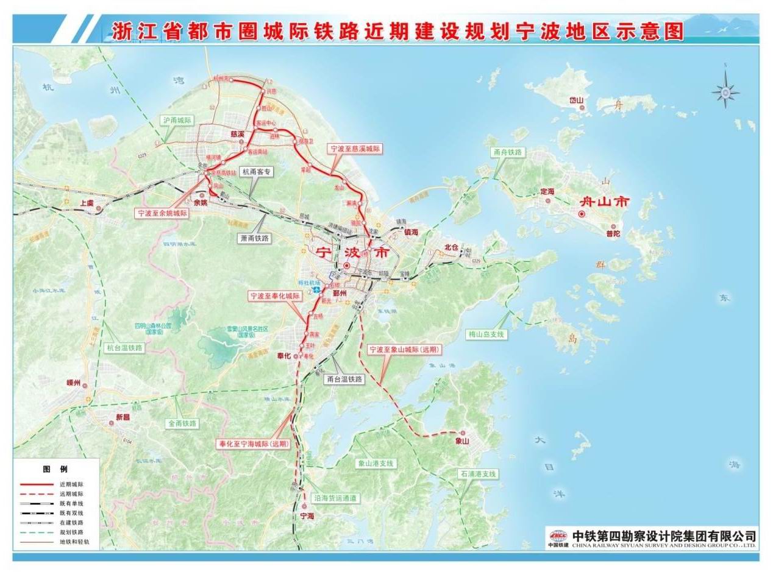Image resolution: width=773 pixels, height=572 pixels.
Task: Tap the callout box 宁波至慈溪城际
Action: coord(354,148)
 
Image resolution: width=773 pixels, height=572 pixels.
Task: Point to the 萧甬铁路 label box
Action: coord(255,239)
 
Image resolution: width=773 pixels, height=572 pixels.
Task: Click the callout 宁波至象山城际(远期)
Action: coord(405,350)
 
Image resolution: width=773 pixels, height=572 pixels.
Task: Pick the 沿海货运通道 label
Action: coord(335,498)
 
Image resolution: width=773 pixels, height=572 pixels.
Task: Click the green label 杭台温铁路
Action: coord(124,348)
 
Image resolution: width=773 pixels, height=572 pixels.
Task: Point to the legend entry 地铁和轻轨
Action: coord(74,542)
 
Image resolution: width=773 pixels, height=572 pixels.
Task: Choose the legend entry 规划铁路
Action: coord(71,532)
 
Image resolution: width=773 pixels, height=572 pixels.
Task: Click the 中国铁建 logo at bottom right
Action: coord(558,538)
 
